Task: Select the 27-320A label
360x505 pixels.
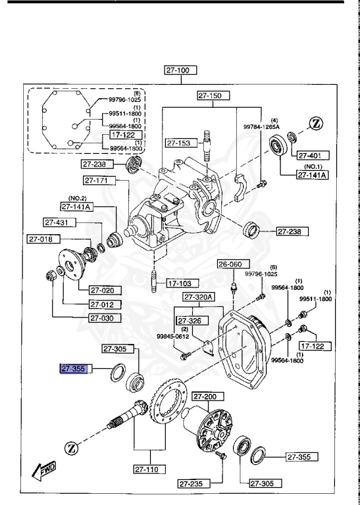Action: (199, 297)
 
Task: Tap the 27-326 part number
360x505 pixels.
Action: (190, 321)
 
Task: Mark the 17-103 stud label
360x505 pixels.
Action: (182, 284)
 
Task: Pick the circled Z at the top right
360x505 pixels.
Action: (316, 123)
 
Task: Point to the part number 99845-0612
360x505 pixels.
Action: (172, 336)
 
